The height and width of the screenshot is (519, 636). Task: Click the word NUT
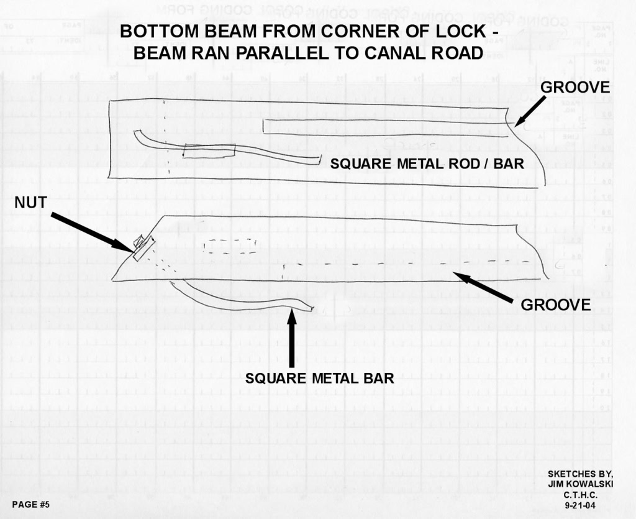[x=30, y=203]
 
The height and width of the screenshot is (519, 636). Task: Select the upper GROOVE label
[x=575, y=88]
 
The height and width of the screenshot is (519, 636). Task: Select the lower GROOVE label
[x=555, y=305]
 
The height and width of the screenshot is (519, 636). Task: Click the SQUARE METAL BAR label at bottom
[x=319, y=378]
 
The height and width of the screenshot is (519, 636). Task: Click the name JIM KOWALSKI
[x=580, y=484]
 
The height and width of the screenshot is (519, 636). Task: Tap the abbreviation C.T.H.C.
[x=580, y=495]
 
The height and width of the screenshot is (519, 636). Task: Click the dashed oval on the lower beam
[x=230, y=246]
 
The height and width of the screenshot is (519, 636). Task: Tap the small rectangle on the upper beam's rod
[x=210, y=151]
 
